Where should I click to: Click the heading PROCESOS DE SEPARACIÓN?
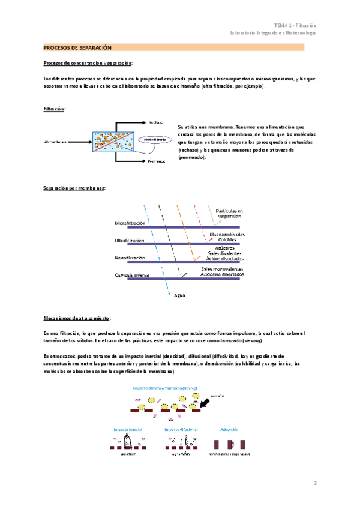coord(78,47)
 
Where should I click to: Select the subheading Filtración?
coord(54,109)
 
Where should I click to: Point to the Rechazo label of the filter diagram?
coord(155,122)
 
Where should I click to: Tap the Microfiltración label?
coord(130,223)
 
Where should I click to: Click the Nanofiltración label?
coord(130,258)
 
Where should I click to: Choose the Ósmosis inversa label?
coord(132,276)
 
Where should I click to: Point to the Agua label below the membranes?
coord(179,295)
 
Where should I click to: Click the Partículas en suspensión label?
coord(229,213)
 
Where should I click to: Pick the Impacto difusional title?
coord(181,430)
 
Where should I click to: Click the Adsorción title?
coord(230,430)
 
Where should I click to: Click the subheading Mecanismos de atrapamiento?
coord(76,318)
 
